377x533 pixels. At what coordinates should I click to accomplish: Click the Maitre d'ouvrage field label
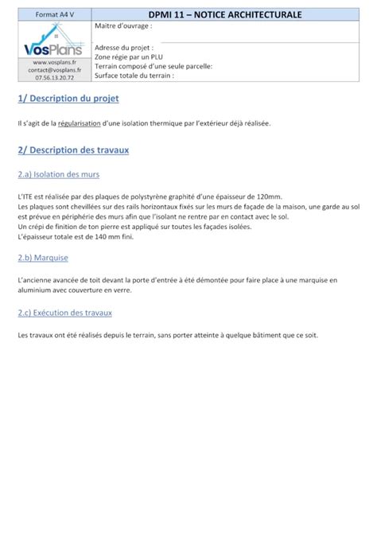coord(123,26)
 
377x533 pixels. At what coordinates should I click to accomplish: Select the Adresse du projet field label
coord(123,48)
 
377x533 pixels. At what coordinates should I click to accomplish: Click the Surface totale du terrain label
coord(134,76)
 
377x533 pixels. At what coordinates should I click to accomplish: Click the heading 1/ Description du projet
coord(68,99)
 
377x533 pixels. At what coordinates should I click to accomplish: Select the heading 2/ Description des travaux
coord(72,149)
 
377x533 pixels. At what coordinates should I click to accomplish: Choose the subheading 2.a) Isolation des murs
coord(58,173)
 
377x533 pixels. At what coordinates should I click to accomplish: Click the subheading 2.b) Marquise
coord(43,258)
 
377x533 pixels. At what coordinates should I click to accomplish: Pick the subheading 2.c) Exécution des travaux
coord(65,313)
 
